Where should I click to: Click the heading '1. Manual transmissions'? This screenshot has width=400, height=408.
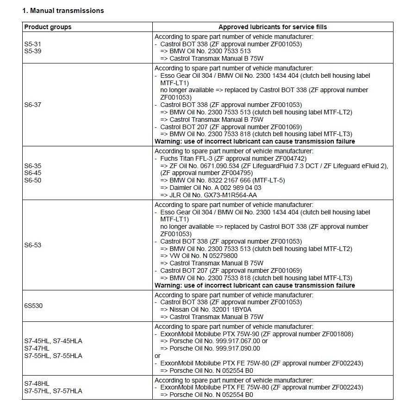coord(64,11)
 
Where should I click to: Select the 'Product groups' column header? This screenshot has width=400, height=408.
coord(48,27)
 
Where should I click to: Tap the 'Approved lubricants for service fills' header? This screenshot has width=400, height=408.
coord(273,27)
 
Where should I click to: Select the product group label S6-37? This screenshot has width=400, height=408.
coord(32,105)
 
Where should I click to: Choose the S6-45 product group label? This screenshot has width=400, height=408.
coord(32,173)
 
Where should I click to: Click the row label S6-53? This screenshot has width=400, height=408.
coord(32,245)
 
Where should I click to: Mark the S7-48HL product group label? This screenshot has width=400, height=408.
coord(37,384)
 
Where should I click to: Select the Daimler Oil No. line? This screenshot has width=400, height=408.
coord(211,188)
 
